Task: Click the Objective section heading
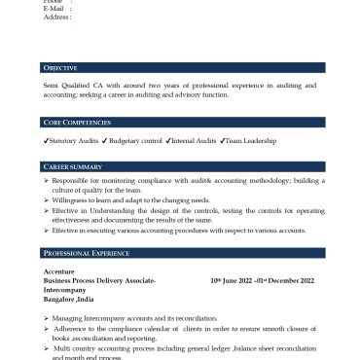tap(60, 68)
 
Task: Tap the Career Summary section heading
tap(74, 167)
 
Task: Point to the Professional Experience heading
tap(87, 252)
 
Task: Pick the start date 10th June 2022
tap(231, 280)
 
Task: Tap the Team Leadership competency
tap(248, 141)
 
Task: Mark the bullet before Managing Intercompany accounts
tap(49, 318)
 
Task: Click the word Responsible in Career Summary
tap(77, 181)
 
